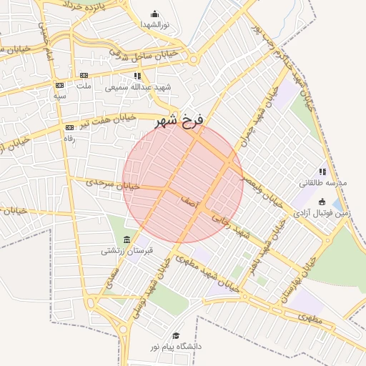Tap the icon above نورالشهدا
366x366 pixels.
pos(154,14)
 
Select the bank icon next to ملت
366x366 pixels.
pos(84,75)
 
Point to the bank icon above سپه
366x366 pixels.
pos(59,85)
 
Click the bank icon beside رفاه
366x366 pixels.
pos(69,127)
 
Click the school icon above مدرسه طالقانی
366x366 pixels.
pos(322,172)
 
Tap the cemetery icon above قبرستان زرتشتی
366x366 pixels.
pos(127,239)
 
